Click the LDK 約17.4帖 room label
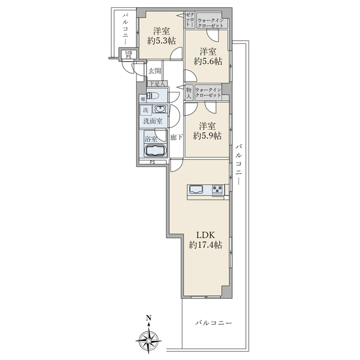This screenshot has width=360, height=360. (x=205, y=240)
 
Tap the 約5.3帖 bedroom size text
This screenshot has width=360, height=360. (x=161, y=41)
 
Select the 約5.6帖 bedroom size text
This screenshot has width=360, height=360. (x=208, y=61)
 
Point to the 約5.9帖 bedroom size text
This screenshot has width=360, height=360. (x=208, y=136)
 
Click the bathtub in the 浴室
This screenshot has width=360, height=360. (x=155, y=151)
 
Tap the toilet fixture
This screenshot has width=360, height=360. (x=153, y=95)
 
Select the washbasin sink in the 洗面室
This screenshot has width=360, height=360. (x=160, y=109)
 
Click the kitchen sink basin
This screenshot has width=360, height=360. (x=196, y=190)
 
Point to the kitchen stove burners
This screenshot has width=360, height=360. (x=217, y=189)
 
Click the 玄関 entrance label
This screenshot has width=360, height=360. (x=154, y=71)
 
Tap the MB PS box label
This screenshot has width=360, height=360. (x=128, y=55)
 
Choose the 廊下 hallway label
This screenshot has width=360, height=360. (x=176, y=137)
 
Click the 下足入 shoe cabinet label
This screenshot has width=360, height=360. (x=157, y=83)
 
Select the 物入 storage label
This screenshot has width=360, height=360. (x=189, y=93)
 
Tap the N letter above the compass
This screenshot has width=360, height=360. (x=149, y=318)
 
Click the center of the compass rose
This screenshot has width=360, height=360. (x=149, y=340)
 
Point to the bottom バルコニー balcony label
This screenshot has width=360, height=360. (x=214, y=323)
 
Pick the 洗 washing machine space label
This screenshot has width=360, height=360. (x=146, y=110)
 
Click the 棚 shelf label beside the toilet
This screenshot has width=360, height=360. (x=143, y=99)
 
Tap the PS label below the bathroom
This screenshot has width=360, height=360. (x=152, y=163)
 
